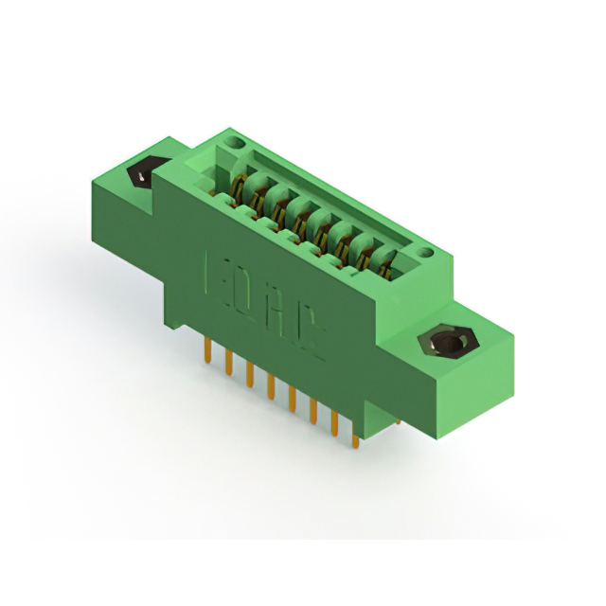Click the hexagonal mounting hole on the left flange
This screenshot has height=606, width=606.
click(x=141, y=175)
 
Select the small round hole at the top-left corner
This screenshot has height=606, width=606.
click(x=234, y=143)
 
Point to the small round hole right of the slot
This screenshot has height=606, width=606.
click(x=427, y=253)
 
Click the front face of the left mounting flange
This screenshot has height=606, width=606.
click(x=133, y=213)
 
